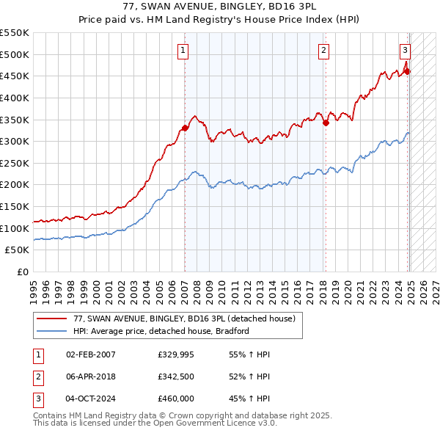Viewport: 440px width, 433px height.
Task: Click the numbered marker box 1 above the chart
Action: tap(182, 51)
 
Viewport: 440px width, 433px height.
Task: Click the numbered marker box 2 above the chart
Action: tap(323, 51)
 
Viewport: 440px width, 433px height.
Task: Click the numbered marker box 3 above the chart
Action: tap(405, 51)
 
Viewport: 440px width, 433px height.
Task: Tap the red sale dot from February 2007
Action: tap(185, 128)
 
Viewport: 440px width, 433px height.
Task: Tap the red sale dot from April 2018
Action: tap(326, 123)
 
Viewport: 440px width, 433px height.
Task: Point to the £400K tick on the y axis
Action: tap(15, 98)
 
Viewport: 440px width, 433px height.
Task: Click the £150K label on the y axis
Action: tap(15, 206)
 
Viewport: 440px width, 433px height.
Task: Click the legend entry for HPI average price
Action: tap(161, 331)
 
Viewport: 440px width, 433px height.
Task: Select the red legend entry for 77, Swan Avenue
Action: tap(184, 319)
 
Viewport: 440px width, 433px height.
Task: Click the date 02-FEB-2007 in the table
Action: tap(90, 354)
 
